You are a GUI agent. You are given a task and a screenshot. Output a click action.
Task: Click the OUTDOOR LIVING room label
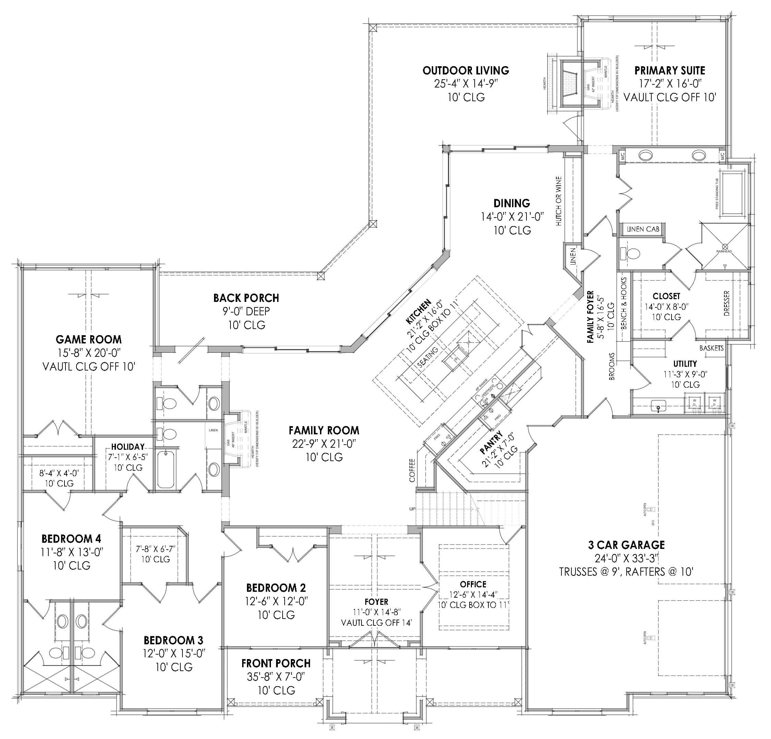(x=466, y=70)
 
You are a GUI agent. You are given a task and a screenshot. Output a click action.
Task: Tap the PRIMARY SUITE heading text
(x=669, y=70)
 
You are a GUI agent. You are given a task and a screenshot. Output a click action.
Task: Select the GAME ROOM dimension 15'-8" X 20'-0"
(x=88, y=353)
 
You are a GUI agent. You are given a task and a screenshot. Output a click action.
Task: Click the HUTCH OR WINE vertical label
(x=559, y=201)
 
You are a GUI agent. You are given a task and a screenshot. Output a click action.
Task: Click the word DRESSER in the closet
(x=726, y=303)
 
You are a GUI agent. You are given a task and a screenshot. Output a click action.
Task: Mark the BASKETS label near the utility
(x=711, y=348)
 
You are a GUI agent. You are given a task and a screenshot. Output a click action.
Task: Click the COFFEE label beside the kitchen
(x=412, y=470)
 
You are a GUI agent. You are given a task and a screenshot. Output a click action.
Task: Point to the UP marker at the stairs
(x=412, y=509)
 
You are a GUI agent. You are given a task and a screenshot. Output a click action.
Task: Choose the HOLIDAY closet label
(x=128, y=447)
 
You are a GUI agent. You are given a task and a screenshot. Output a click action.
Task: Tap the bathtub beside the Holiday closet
(x=166, y=469)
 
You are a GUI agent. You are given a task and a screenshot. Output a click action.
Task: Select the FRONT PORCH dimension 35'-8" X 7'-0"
(x=276, y=677)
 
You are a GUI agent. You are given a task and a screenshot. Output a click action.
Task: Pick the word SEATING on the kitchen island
(x=428, y=357)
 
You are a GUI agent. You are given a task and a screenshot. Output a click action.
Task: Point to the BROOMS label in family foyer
(x=612, y=366)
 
